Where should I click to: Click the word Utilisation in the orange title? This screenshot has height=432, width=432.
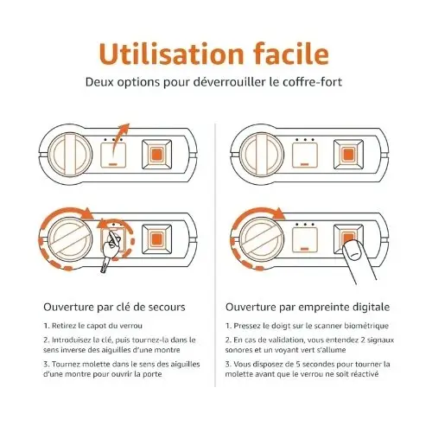[172, 54]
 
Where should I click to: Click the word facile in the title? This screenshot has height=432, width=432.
[291, 54]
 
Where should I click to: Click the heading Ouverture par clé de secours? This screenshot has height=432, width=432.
[114, 307]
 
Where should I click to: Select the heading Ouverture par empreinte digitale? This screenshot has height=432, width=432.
[308, 308]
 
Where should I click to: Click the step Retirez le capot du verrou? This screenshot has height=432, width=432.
[93, 326]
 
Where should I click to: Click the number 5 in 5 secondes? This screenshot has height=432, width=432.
[298, 364]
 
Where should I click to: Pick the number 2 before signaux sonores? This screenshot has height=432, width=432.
[363, 340]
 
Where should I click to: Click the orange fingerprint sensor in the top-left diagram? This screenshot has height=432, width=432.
[157, 155]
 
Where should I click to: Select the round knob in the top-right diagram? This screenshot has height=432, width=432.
[262, 154]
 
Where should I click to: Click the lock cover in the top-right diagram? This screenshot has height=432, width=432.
[305, 155]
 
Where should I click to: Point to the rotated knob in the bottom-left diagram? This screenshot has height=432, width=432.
[70, 239]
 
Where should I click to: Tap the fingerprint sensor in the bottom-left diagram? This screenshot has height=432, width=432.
[157, 239]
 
